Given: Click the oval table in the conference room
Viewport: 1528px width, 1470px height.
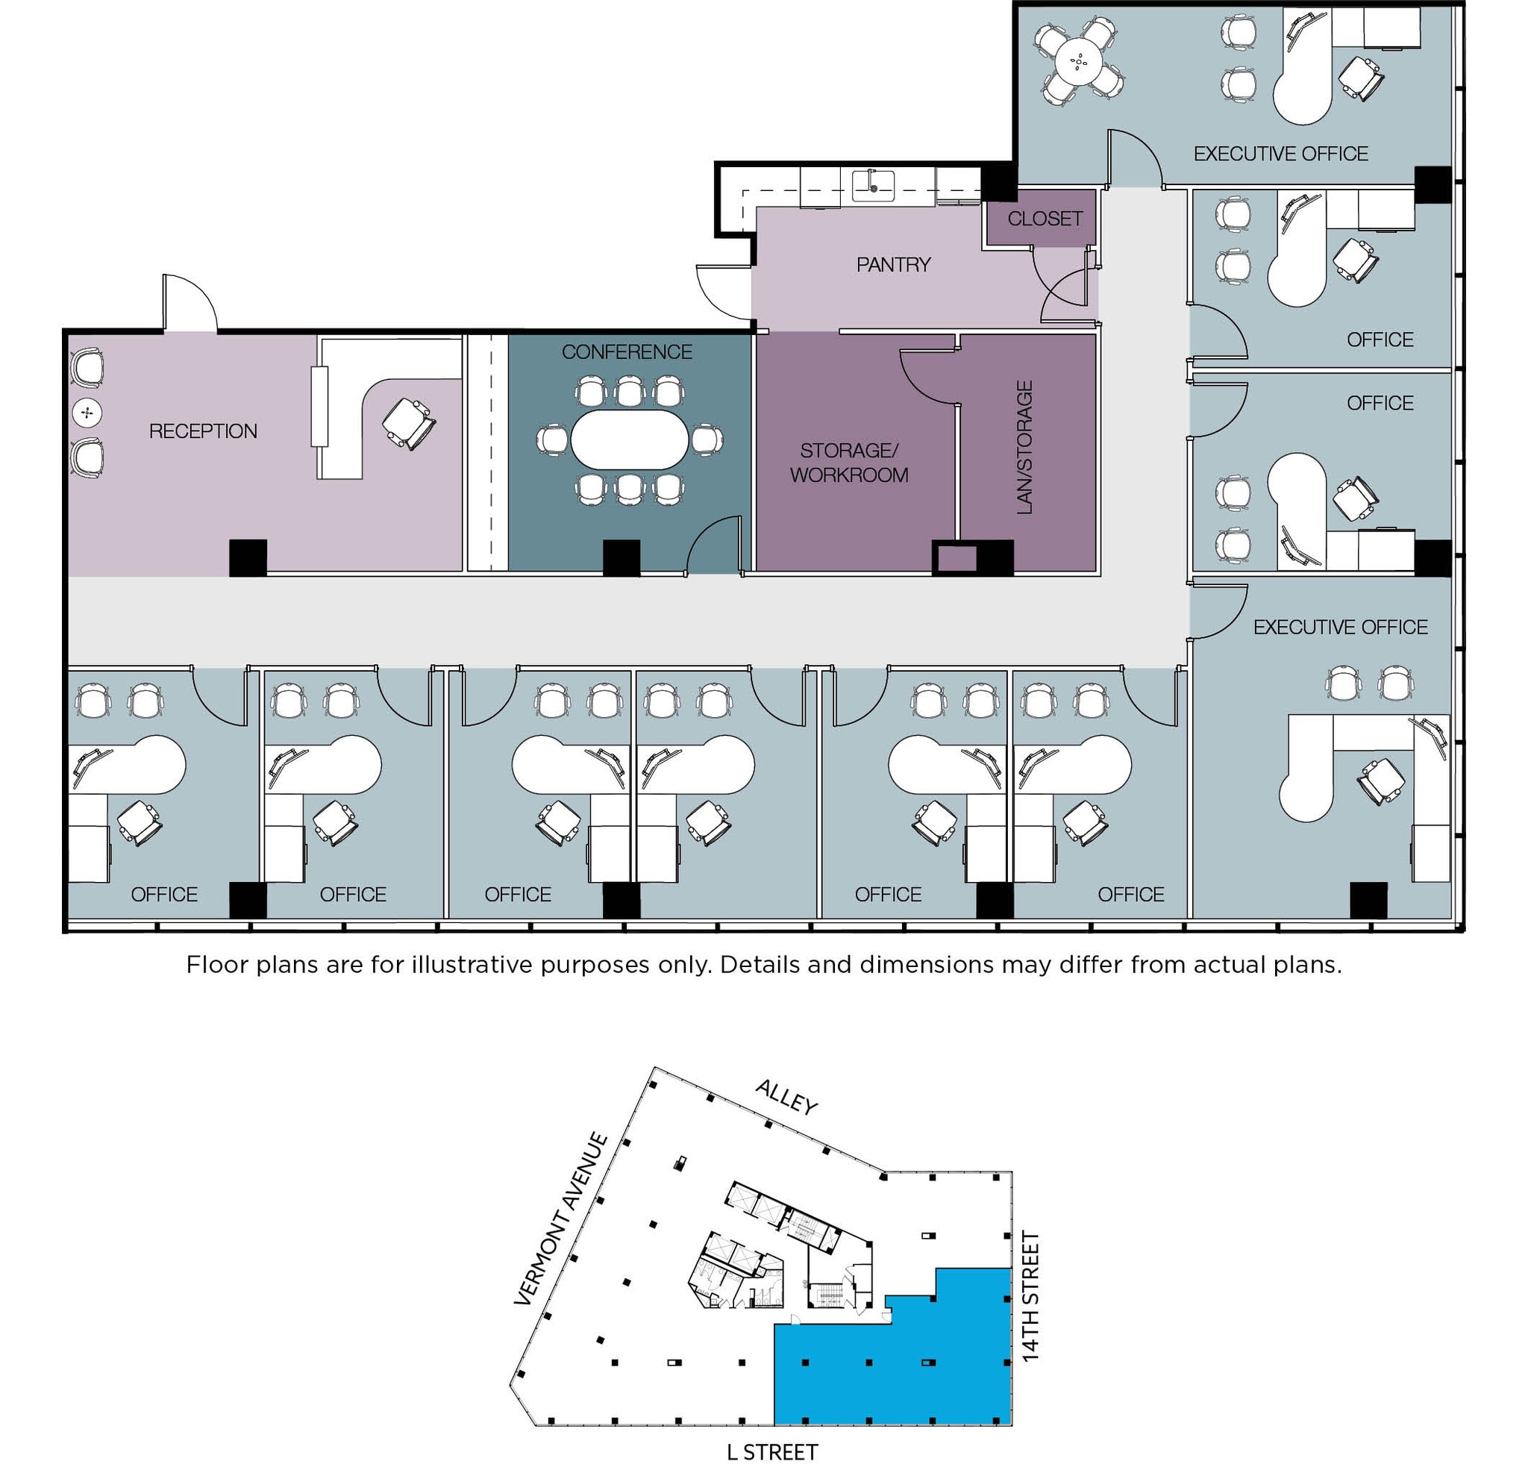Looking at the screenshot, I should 629,440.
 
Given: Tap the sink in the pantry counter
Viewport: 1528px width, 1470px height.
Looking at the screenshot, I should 872,186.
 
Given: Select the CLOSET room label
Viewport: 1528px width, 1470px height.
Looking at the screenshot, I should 1045,219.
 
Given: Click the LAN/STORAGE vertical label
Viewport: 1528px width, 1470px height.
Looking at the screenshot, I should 1024,447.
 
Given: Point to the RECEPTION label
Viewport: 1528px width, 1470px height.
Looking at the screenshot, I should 203,431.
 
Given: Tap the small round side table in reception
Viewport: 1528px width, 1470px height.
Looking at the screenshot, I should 87,413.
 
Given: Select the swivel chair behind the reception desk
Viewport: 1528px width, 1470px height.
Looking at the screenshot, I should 410,422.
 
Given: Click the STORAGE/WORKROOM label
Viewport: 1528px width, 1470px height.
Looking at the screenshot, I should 849,463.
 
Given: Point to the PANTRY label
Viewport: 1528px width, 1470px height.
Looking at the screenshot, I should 893,264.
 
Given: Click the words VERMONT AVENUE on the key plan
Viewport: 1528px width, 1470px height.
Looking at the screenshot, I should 560,1219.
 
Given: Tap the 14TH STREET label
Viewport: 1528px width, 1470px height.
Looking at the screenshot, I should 1030,1296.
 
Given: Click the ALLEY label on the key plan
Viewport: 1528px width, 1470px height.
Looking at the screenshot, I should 786,1097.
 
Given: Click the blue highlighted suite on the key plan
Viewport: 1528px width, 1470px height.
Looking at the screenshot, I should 889,1372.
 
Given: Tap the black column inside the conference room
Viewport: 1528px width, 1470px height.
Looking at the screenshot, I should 621,557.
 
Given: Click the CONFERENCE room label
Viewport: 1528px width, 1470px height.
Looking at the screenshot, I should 627,351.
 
